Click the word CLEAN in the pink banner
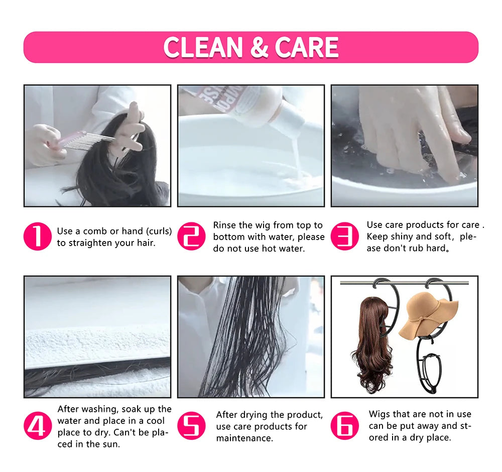tap(203, 47)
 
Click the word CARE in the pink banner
tap(307, 47)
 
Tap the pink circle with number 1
tap(38, 237)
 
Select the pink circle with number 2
tap(191, 237)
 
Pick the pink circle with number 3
tap(345, 237)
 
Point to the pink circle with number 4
tap(38, 426)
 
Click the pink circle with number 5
tap(191, 426)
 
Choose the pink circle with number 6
tap(345, 426)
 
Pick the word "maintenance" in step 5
tap(244, 438)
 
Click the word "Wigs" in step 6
tap(380, 414)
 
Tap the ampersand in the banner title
tap(259, 47)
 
